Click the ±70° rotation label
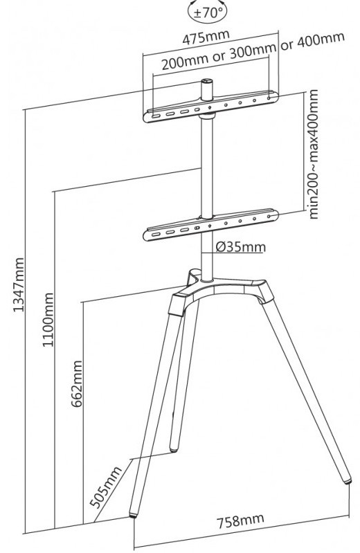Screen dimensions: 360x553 tap(207, 12)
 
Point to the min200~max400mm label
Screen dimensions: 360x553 tap(313, 154)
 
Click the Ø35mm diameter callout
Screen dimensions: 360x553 tap(240, 247)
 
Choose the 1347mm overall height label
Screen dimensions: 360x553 tap(19, 284)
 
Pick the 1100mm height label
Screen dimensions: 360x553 tap(48, 320)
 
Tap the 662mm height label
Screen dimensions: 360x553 tap(77, 383)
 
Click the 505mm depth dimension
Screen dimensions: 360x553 tap(105, 487)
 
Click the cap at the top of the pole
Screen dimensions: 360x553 tap(207, 82)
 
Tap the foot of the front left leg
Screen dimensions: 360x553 tap(133, 515)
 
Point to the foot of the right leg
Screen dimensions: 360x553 tap(348, 480)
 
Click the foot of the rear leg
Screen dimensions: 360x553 tap(174, 449)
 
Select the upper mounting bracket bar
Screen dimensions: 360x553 tap(210, 107)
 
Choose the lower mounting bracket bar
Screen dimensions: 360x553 tap(210, 226)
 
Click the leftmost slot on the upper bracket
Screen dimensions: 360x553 tap(156, 116)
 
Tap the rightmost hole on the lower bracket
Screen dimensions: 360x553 tap(269, 216)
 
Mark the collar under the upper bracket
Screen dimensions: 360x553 tap(207, 116)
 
